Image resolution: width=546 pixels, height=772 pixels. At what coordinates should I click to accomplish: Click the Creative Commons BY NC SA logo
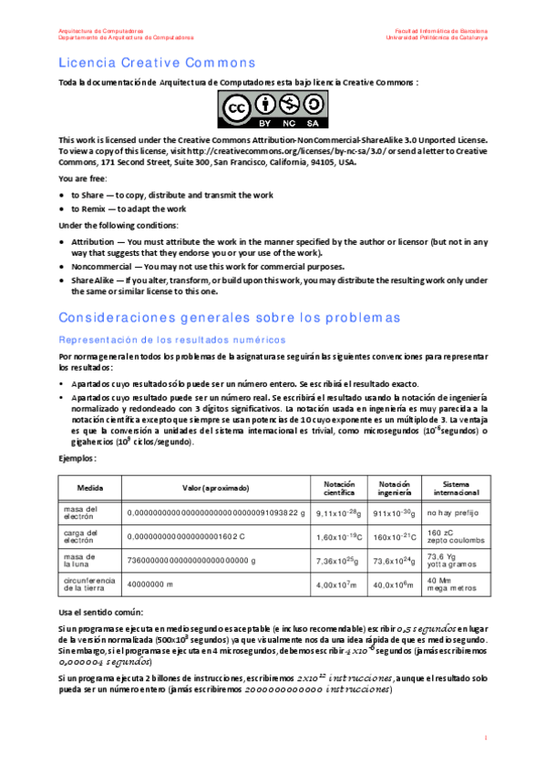273,111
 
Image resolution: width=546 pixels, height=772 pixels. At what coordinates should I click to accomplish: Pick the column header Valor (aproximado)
216,488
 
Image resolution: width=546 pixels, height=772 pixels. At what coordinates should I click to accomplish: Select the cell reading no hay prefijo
452,513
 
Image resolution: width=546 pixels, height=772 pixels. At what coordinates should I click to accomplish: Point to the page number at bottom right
487,737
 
